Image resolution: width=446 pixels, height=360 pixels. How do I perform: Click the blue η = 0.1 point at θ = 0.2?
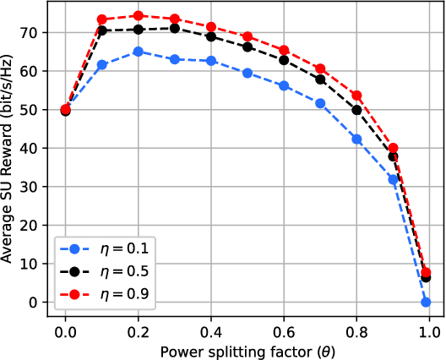pos(138,52)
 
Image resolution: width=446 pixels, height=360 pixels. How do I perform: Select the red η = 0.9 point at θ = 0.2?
pos(138,15)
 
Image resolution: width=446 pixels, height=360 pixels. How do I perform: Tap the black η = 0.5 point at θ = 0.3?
pos(175,28)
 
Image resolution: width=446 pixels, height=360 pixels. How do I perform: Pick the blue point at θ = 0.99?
pos(427,302)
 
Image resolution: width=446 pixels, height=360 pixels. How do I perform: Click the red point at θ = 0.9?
pos(393,148)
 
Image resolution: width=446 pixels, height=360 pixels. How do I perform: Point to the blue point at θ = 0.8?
pos(356,139)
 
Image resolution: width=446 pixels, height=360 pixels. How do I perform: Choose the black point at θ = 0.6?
pos(284,60)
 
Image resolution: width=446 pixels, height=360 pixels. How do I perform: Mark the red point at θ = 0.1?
pos(101,19)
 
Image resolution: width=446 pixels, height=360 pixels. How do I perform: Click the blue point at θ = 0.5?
pos(247,73)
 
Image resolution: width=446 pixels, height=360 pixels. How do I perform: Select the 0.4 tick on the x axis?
pos(211,319)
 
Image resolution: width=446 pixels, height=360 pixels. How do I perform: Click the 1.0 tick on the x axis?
pos(430,319)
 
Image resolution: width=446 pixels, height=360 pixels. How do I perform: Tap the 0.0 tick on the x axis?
pos(65,319)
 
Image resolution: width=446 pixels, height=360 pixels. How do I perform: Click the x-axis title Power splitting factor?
pos(247,349)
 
